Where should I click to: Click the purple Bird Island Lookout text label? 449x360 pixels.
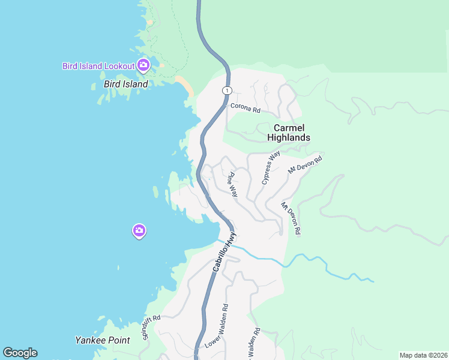pos(98,66)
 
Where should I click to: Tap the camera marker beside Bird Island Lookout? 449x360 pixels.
pos(143,65)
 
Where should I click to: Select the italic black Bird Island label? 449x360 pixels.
pos(125,84)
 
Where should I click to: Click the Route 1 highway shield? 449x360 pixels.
pos(226,91)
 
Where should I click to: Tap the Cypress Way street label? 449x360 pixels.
pos(271,167)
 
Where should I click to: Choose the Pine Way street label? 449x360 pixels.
pos(232,185)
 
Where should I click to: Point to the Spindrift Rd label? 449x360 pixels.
pos(152,328)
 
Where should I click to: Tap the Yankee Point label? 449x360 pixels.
pos(102,340)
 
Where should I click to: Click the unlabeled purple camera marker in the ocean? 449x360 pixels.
pos(139,230)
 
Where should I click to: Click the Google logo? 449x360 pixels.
pos(20,353)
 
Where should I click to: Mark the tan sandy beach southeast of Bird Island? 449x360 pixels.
pos(185,86)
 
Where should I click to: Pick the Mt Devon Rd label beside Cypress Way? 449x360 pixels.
pos(305,165)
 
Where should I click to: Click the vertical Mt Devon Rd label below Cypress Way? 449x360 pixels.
pos(291,218)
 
